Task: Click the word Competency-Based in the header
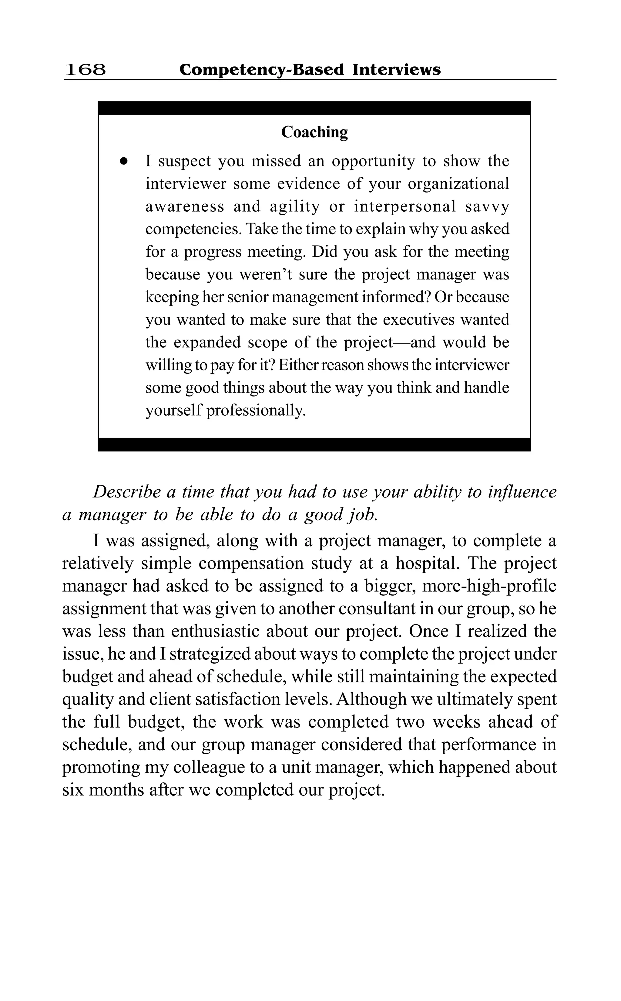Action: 262,69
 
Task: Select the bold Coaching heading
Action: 314,132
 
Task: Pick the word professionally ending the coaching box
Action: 256,410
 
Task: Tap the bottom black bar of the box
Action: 314,444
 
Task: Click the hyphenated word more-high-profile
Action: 489,586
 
